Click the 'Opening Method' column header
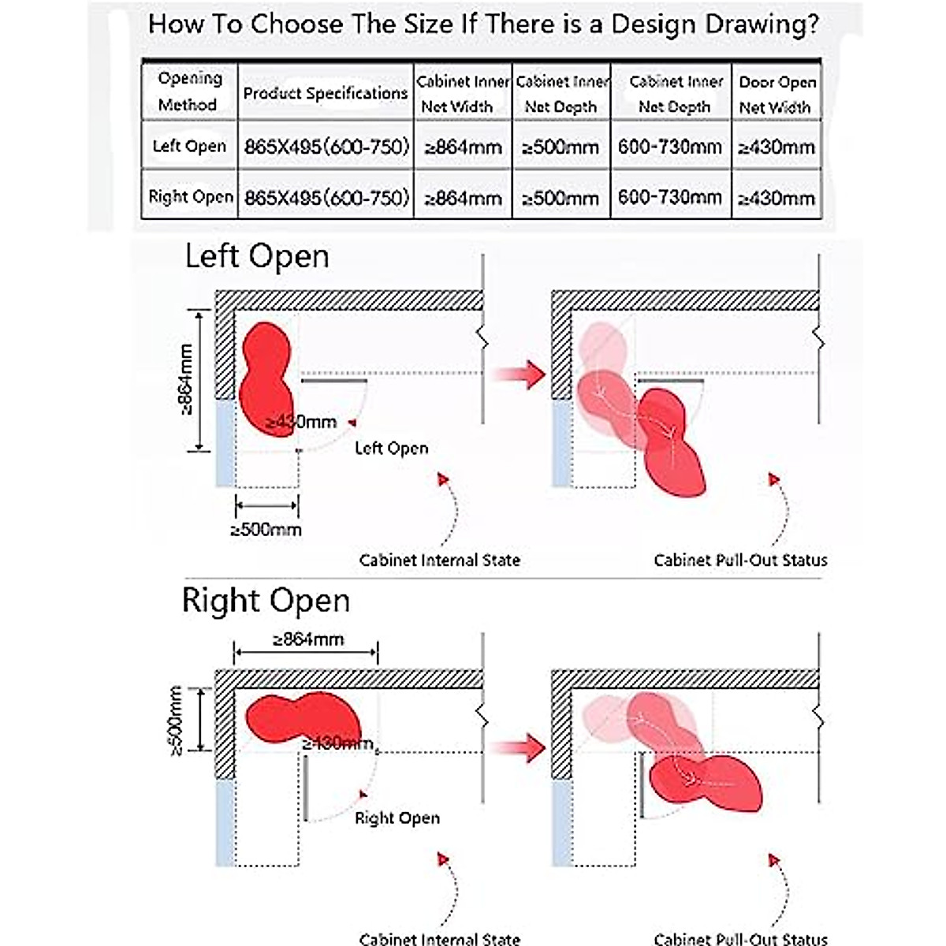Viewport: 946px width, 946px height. [188, 91]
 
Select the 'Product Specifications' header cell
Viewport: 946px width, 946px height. [325, 93]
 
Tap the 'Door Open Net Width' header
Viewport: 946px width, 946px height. [777, 95]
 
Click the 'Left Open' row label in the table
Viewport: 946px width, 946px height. [189, 146]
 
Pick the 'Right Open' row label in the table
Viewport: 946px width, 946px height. [191, 196]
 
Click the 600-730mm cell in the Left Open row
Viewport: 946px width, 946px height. [670, 147]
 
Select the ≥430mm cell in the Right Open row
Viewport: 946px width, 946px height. [777, 198]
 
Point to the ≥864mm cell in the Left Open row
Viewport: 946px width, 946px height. [463, 147]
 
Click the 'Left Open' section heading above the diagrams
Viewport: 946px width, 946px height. [257, 257]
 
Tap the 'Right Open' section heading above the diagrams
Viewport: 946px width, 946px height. [266, 601]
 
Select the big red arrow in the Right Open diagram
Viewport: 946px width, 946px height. [522, 747]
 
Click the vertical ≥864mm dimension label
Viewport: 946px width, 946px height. [186, 379]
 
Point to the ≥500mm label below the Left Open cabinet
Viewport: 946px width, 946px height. [266, 529]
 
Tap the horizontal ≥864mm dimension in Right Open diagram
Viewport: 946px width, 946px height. [308, 639]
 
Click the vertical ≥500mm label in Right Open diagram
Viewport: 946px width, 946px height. [177, 720]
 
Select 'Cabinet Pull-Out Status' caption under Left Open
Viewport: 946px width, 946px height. [740, 561]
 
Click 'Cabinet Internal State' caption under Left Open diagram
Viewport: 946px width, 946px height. [439, 561]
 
